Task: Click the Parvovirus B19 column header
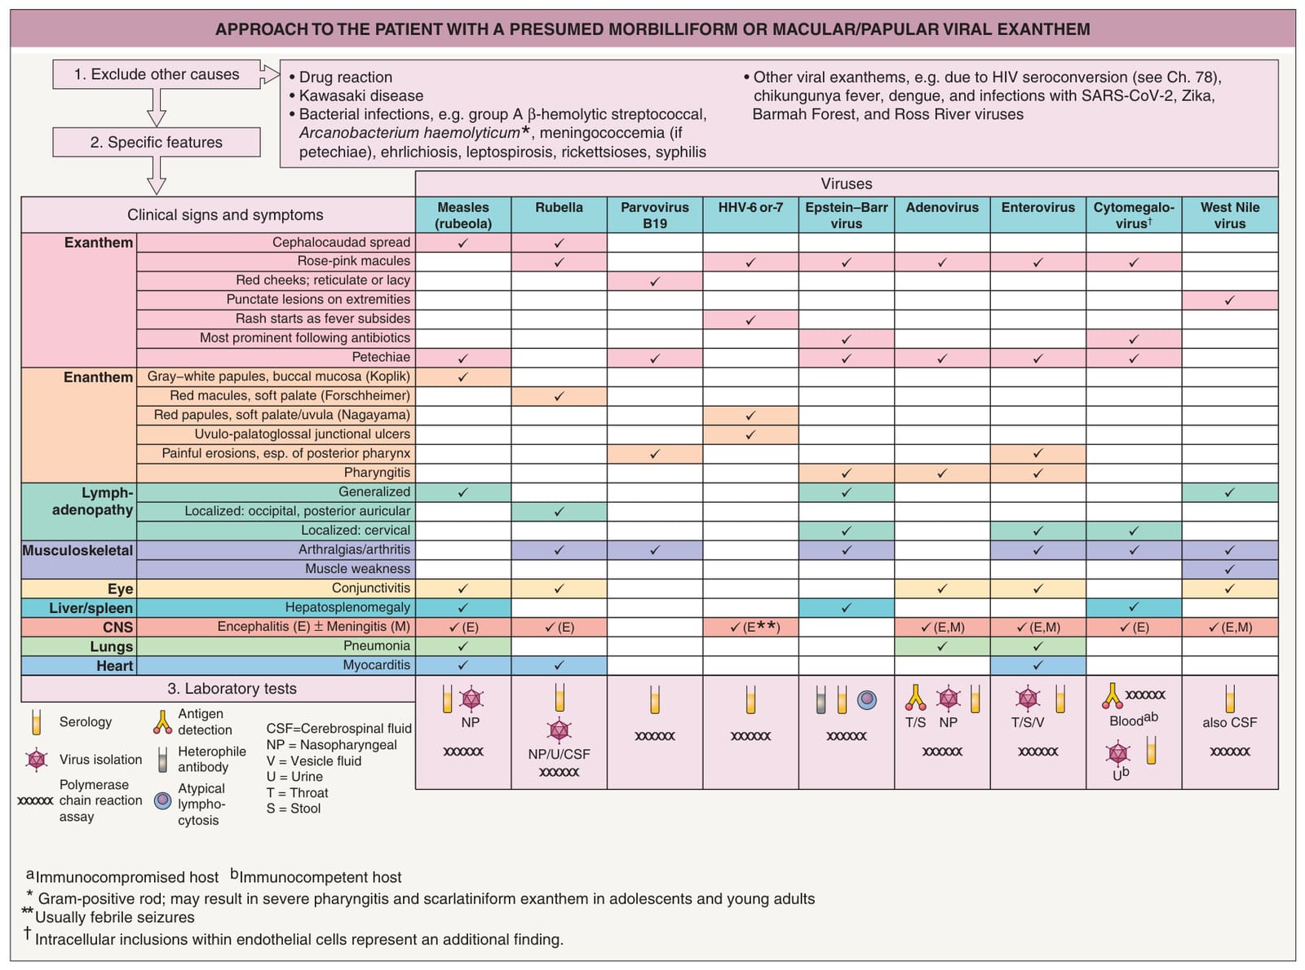tap(654, 214)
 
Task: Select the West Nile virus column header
tap(1229, 214)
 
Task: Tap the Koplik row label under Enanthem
tap(278, 377)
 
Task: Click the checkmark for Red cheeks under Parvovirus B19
tap(654, 281)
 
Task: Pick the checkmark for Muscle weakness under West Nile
tap(1229, 569)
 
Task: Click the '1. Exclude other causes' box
tap(157, 74)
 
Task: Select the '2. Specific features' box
tap(157, 142)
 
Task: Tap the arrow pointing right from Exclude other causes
tap(270, 74)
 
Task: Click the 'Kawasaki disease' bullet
tap(356, 95)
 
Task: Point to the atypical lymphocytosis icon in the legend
tap(162, 800)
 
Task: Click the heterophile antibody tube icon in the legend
tap(162, 759)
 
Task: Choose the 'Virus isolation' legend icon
tap(37, 760)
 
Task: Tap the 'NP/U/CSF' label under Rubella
tap(559, 753)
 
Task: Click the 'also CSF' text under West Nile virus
tap(1229, 722)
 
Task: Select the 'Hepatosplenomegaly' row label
tap(347, 607)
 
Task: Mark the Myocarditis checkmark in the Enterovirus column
tap(1037, 664)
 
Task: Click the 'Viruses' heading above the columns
tap(846, 183)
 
